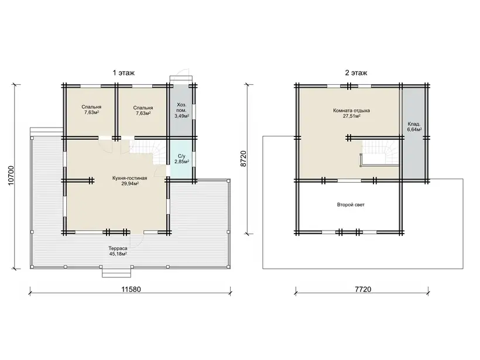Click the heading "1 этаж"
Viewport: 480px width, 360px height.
tap(124, 73)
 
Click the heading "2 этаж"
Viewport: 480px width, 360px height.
tap(356, 73)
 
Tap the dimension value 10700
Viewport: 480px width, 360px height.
tap(11, 176)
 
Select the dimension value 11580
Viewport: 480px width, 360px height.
tap(131, 289)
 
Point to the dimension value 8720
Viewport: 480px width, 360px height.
tap(244, 159)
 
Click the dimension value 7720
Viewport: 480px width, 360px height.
tap(363, 289)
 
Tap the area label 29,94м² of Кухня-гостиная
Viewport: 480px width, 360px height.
tap(130, 184)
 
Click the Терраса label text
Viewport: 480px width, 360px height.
tap(118, 249)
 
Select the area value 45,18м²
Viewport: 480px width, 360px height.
tap(118, 254)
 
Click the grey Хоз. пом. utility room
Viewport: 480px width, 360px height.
tap(181, 111)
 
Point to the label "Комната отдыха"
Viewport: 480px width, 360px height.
tap(351, 111)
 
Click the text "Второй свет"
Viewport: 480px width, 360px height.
tap(351, 205)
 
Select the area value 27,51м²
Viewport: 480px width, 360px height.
tap(351, 116)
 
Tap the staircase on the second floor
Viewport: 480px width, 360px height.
tap(380, 153)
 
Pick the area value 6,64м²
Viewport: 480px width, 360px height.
tap(414, 130)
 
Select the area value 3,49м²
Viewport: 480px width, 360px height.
tap(182, 116)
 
